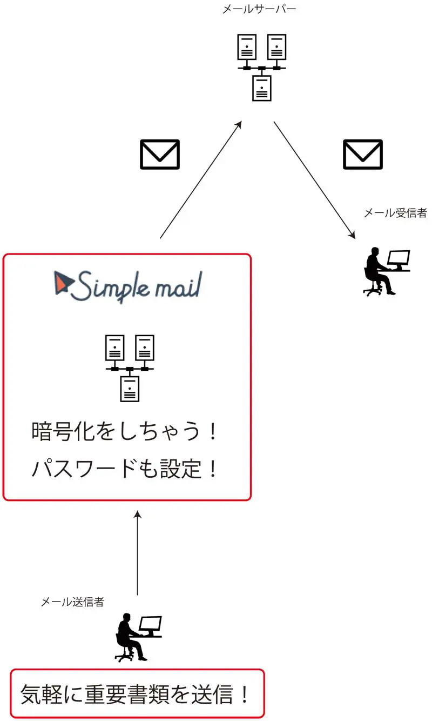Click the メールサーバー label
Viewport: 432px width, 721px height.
[259, 9]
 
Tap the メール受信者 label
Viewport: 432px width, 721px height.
[395, 213]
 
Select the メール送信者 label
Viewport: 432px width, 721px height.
[72, 602]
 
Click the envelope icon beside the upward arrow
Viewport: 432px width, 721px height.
[160, 155]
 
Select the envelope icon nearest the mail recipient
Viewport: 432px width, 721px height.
[363, 155]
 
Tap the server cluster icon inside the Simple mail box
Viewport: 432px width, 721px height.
[130, 368]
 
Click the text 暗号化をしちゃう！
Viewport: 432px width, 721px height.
[125, 432]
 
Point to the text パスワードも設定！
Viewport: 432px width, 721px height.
[125, 469]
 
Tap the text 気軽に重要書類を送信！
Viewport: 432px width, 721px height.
[137, 695]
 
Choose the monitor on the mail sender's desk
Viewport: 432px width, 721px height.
[150, 625]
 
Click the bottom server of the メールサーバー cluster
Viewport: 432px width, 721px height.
[261, 88]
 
